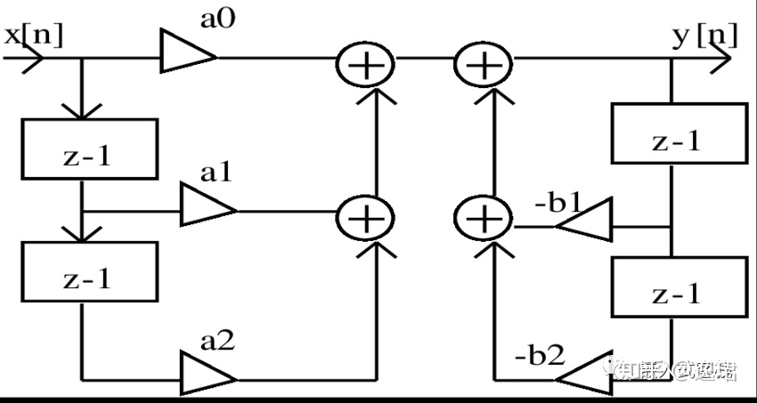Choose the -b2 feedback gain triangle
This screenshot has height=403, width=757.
coord(585,369)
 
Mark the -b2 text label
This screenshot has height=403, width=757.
coord(540,355)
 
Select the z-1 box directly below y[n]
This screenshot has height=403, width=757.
coord(677,133)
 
